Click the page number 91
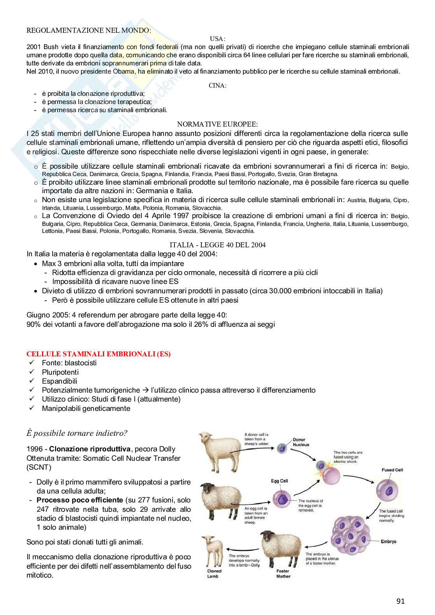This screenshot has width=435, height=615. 400,601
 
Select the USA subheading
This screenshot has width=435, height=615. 217,39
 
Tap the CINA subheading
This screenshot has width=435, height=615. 217,85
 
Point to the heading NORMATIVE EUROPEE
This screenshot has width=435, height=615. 217,124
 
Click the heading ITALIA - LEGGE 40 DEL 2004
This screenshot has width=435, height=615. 218,245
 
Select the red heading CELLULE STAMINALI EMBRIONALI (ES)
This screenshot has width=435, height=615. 99,354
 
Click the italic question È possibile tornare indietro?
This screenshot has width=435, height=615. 77,433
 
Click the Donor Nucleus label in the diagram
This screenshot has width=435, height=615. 301,442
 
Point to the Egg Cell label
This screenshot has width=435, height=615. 279,481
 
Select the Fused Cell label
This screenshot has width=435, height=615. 392,470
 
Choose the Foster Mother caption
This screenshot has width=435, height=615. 283,574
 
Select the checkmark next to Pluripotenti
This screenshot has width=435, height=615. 32,372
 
